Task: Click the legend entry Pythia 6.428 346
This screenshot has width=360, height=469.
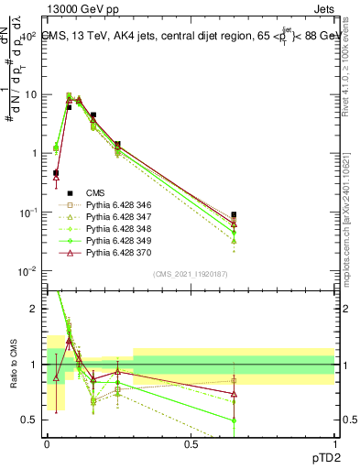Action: point(115,206)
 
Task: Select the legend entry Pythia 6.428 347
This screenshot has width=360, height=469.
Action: point(115,218)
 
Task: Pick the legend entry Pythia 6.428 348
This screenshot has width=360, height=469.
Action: point(115,229)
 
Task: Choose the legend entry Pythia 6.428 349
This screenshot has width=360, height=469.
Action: point(115,241)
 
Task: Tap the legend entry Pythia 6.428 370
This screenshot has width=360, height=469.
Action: point(115,253)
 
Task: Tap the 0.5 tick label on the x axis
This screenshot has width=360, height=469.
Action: point(191,443)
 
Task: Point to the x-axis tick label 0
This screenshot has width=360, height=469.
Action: point(47,443)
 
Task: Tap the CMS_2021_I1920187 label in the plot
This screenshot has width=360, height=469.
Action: point(190,274)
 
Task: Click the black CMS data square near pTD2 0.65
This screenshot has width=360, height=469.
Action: point(235,215)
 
